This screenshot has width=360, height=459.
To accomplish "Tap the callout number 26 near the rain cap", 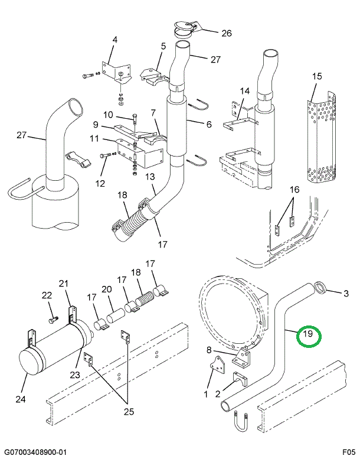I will [226, 33].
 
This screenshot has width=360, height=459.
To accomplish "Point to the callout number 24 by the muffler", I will [21, 399].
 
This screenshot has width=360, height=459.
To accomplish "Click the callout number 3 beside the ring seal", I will [346, 292].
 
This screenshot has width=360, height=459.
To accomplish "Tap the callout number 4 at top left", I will [114, 40].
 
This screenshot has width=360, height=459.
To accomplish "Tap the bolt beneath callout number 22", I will [52, 320].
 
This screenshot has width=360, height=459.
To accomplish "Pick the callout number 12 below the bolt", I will [100, 183].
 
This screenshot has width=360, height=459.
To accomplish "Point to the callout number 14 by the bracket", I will [245, 91].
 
